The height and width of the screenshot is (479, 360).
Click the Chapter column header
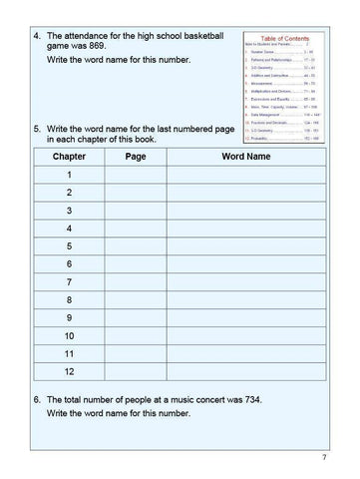tap(69, 157)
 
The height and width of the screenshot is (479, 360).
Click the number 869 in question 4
tap(97, 45)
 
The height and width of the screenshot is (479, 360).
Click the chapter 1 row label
tap(69, 175)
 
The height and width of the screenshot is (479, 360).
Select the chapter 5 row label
tap(69, 245)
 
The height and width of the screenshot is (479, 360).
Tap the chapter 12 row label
tap(69, 370)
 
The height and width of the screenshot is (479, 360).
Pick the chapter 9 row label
tap(69, 317)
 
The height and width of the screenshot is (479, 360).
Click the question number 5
tap(37, 129)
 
